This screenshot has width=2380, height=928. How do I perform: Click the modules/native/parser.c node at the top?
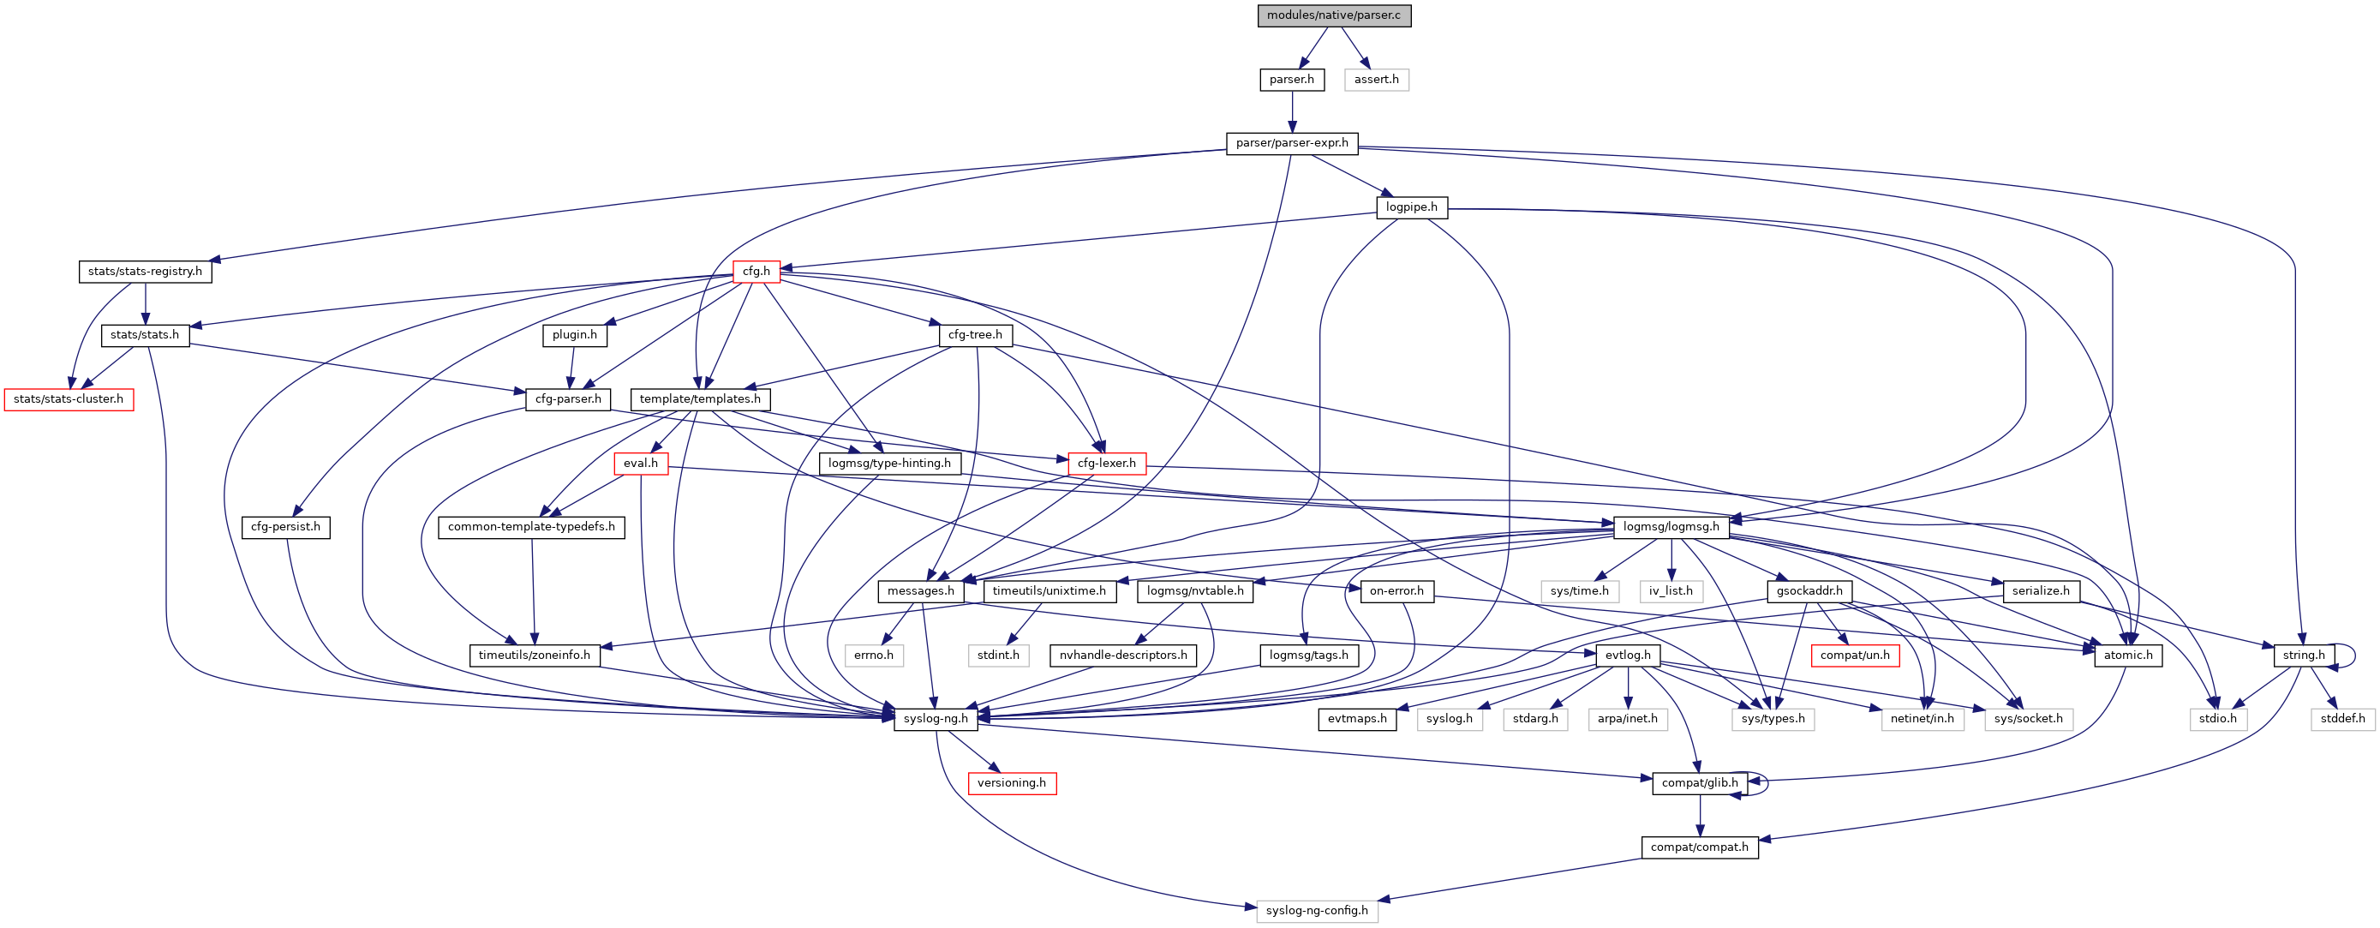pyautogui.click(x=1333, y=15)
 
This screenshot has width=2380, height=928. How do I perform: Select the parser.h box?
pyautogui.click(x=1291, y=80)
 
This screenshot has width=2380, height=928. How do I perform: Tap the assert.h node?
pyautogui.click(x=1376, y=80)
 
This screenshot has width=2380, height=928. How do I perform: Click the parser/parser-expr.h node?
pyautogui.click(x=1292, y=143)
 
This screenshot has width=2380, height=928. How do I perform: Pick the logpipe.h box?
pyautogui.click(x=1411, y=207)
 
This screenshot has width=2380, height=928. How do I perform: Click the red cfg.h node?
pyautogui.click(x=756, y=272)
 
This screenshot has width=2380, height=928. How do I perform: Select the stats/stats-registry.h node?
pyautogui.click(x=145, y=272)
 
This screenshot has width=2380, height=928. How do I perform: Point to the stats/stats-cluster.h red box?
pyautogui.click(x=69, y=399)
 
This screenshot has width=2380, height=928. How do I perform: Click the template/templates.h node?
pyautogui.click(x=699, y=399)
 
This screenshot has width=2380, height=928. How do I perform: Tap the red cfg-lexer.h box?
pyautogui.click(x=1106, y=463)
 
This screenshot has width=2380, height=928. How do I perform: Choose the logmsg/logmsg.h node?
pyautogui.click(x=1671, y=527)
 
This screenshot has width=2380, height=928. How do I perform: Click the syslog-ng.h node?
pyautogui.click(x=935, y=719)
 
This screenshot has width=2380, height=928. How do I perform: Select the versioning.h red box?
pyautogui.click(x=1012, y=783)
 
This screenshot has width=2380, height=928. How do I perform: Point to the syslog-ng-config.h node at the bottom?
pyautogui.click(x=1317, y=912)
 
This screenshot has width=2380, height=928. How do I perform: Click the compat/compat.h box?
pyautogui.click(x=1699, y=847)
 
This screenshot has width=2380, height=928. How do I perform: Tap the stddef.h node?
pyautogui.click(x=2342, y=719)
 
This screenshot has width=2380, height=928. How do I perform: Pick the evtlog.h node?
pyautogui.click(x=1627, y=656)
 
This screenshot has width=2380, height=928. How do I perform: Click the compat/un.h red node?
pyautogui.click(x=1854, y=656)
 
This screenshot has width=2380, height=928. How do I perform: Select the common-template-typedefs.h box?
pyautogui.click(x=531, y=527)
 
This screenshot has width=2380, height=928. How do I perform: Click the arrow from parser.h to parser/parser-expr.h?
pyautogui.click(x=1292, y=111)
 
